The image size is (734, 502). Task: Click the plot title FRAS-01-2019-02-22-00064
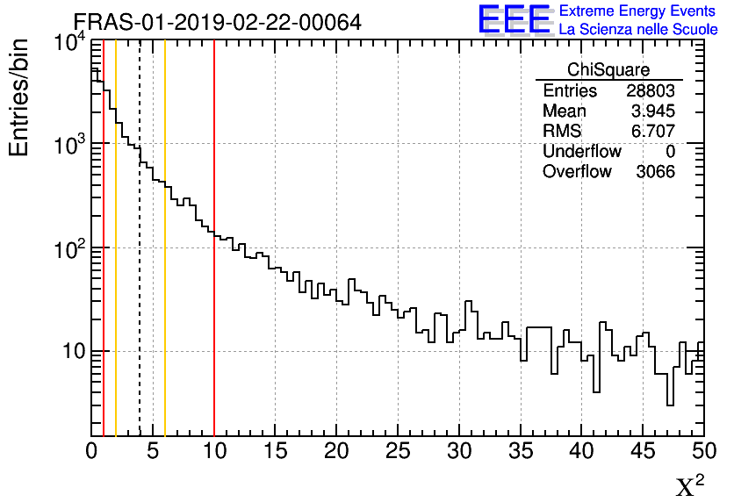tap(217, 22)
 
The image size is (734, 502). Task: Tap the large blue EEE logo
tap(514, 19)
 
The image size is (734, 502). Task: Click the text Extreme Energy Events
tap(638, 11)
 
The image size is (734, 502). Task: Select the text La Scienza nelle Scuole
tap(638, 30)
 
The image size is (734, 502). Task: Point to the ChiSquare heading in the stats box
tap(608, 70)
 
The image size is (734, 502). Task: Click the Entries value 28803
tap(651, 91)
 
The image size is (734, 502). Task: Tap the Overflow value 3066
tap(655, 172)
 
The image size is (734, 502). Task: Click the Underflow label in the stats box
tap(581, 152)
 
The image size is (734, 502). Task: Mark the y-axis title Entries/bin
tap(19, 97)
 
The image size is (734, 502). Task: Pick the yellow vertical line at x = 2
tap(116, 263)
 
